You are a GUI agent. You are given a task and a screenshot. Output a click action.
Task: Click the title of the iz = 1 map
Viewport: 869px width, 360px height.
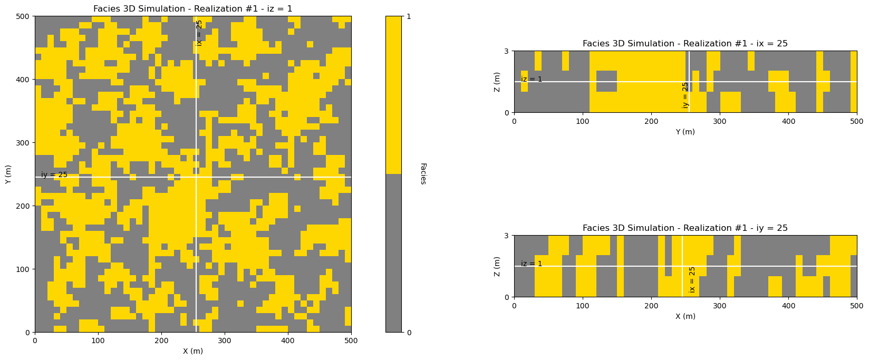coord(192,9)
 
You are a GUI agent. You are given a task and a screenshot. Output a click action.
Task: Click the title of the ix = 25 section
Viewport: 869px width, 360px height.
coord(685,44)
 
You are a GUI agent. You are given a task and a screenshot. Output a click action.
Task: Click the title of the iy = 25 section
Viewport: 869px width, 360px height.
coord(685,228)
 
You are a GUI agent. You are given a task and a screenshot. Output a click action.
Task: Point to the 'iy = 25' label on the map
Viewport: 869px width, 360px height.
coord(54,175)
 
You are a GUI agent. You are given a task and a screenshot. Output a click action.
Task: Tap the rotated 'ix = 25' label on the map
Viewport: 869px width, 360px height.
coord(199,33)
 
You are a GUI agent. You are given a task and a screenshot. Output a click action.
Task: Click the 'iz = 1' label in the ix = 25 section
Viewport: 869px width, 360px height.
coord(532,80)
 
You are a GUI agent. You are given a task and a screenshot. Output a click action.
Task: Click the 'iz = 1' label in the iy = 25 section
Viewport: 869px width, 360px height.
coord(532,264)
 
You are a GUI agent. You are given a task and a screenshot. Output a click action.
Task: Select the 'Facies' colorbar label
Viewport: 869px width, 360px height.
coord(423,173)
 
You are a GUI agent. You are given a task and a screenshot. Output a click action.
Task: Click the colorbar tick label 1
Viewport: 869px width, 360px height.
coord(408,16)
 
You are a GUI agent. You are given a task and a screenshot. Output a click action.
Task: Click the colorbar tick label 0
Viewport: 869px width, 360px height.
coord(408,332)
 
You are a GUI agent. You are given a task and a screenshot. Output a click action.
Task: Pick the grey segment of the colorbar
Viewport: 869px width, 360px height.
coord(393,253)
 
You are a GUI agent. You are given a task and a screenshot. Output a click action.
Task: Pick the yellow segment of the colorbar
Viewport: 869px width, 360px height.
coord(393,95)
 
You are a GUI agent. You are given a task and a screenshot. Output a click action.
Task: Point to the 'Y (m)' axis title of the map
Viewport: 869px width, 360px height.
coord(8,174)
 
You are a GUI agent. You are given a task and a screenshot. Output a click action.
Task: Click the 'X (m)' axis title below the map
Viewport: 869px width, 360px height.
coord(192,351)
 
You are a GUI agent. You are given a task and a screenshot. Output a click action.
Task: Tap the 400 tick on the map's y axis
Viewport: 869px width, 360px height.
coord(24,80)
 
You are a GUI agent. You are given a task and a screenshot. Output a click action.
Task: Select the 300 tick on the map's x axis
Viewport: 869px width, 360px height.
coord(225,341)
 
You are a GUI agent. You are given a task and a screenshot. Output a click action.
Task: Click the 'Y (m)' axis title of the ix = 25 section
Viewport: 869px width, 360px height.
coord(685,132)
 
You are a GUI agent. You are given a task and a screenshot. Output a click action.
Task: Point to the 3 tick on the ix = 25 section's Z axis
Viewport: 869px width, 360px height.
coord(506,51)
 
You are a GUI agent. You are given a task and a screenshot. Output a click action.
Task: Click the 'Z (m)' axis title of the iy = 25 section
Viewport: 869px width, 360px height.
coord(497,266)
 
